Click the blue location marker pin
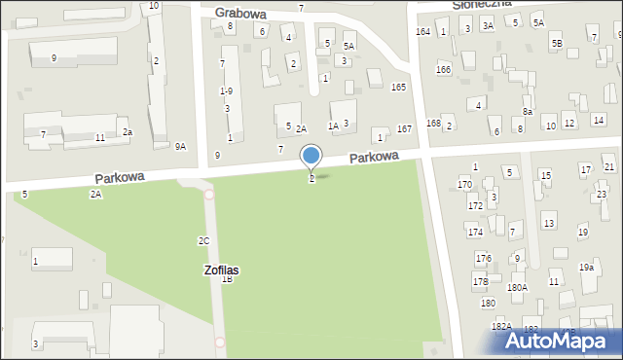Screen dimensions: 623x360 311,157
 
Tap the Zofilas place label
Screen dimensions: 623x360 222,269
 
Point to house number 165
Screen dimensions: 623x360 398,88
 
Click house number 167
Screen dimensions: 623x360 405,129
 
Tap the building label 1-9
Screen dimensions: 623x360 226,90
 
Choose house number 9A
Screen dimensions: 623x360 180,146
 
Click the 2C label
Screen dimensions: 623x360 203,240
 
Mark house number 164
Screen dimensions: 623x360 422,32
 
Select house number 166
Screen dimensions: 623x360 443,70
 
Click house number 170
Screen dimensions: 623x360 464,184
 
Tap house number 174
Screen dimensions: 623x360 474,232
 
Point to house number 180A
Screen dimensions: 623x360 517,287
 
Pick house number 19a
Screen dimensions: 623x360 586,267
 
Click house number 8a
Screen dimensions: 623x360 527,112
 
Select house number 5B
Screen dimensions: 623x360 556,44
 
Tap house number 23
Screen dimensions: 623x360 601,195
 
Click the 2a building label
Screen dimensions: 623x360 127,132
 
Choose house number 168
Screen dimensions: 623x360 433,124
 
